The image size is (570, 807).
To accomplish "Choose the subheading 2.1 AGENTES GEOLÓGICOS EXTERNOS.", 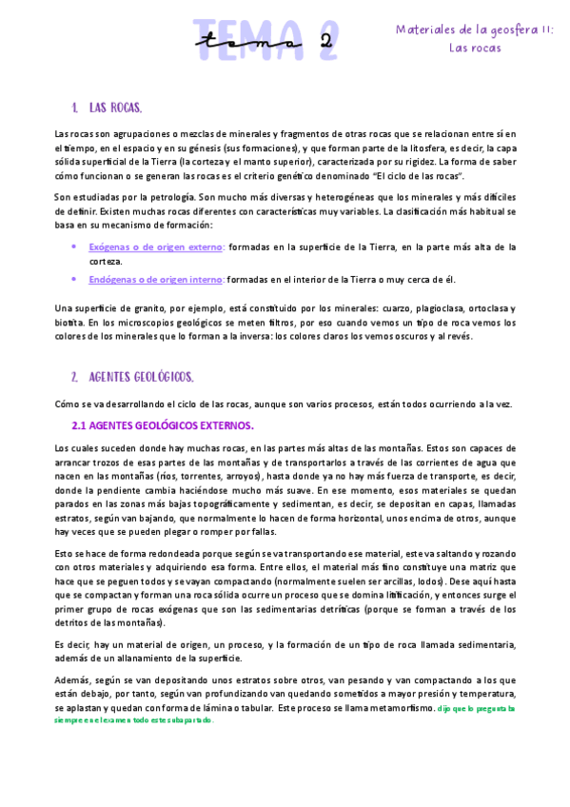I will [x=164, y=424].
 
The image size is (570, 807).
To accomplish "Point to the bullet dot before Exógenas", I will [x=75, y=246].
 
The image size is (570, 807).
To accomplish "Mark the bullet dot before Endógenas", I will [x=75, y=280].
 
